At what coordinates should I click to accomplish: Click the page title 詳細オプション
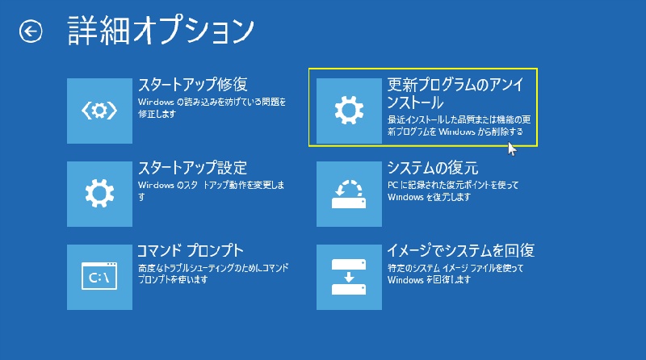tap(160, 31)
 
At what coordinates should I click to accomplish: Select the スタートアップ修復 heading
tap(192, 85)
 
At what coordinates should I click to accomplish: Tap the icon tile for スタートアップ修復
tap(99, 111)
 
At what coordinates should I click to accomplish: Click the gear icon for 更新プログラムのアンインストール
tap(349, 111)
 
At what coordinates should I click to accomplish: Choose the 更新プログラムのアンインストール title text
tap(455, 93)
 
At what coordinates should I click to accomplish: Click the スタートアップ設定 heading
tap(192, 168)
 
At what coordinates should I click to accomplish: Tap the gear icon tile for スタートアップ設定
tap(99, 194)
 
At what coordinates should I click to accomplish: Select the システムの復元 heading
tap(433, 168)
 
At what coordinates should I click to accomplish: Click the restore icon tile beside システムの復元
tap(349, 194)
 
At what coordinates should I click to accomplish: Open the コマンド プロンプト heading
tap(191, 250)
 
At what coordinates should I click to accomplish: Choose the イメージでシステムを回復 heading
tap(460, 250)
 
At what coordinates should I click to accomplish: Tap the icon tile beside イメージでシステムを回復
tap(349, 277)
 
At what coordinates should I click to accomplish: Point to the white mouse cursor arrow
tap(512, 149)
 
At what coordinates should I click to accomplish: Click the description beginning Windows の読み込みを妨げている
tap(212, 107)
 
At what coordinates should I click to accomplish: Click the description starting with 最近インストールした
tap(459, 126)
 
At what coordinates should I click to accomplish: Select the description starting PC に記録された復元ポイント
tap(453, 191)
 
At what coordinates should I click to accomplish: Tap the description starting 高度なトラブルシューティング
tap(213, 274)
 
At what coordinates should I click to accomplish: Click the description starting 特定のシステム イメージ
tap(455, 274)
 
